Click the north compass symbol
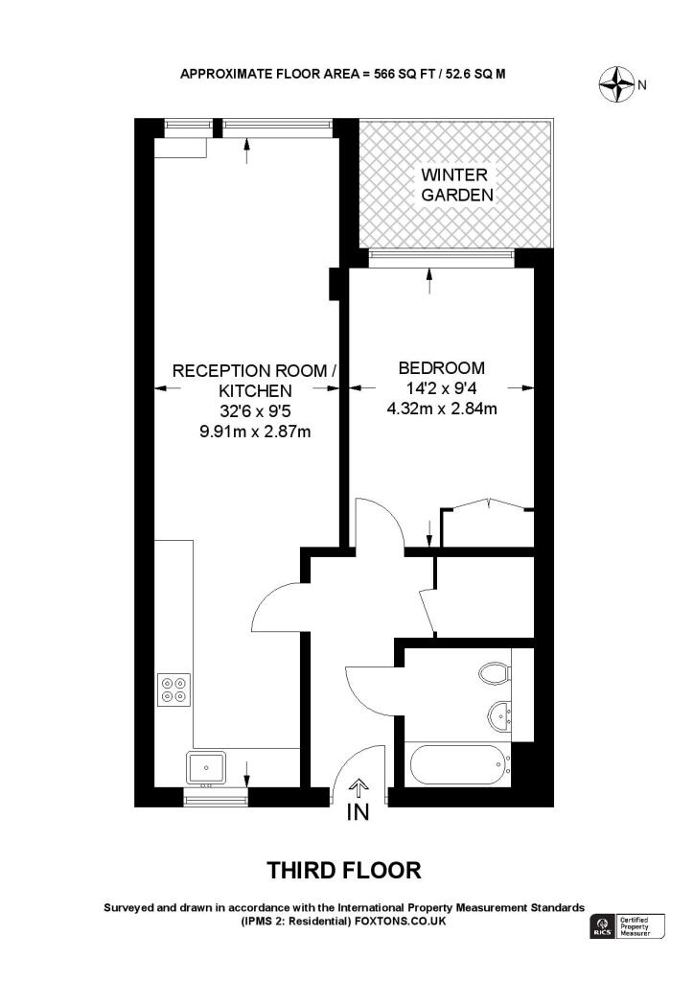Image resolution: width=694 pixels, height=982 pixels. pyautogui.click(x=617, y=85)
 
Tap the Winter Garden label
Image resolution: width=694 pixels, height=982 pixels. pyautogui.click(x=455, y=185)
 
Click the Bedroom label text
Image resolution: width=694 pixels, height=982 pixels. pyautogui.click(x=441, y=367)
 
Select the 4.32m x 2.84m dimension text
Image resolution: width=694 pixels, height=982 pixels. pyautogui.click(x=441, y=409)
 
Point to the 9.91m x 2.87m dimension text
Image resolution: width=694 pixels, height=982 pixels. pyautogui.click(x=254, y=432)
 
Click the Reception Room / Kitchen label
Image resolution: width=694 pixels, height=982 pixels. pyautogui.click(x=254, y=380)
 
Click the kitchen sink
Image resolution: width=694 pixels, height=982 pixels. pyautogui.click(x=206, y=767)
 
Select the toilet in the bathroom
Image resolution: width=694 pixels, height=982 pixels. pyautogui.click(x=496, y=673)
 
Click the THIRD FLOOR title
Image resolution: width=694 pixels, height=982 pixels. pyautogui.click(x=343, y=871)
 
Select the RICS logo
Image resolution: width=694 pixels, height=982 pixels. pyautogui.click(x=601, y=926)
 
